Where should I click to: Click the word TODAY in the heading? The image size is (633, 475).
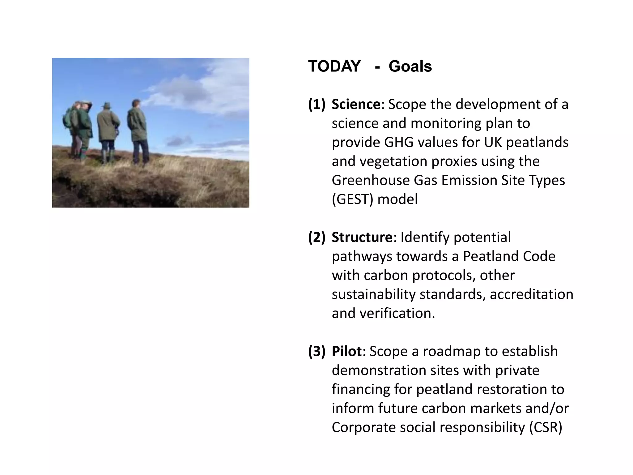tap(334, 66)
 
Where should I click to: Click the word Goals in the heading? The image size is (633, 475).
tap(410, 66)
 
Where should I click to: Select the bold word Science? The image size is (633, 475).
tap(356, 104)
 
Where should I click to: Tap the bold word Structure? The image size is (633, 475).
tap(362, 237)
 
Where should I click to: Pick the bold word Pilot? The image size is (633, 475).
tap(346, 351)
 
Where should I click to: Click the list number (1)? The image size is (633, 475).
tap(317, 104)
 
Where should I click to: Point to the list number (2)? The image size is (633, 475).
tap(317, 237)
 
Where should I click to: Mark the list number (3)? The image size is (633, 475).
tap(317, 351)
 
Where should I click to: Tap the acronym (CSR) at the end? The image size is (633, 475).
tap(546, 427)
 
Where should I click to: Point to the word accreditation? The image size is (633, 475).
tap(531, 294)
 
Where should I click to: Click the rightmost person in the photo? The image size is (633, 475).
tap(138, 130)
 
